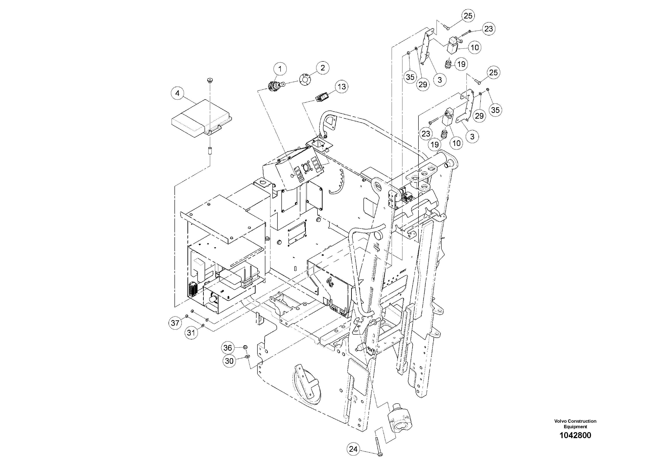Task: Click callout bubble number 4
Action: [x=177, y=93]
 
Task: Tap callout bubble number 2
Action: [x=322, y=68]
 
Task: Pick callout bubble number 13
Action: [x=341, y=87]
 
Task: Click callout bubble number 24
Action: [x=353, y=449]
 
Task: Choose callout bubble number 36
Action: [x=228, y=348]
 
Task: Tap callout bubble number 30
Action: [x=229, y=361]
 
